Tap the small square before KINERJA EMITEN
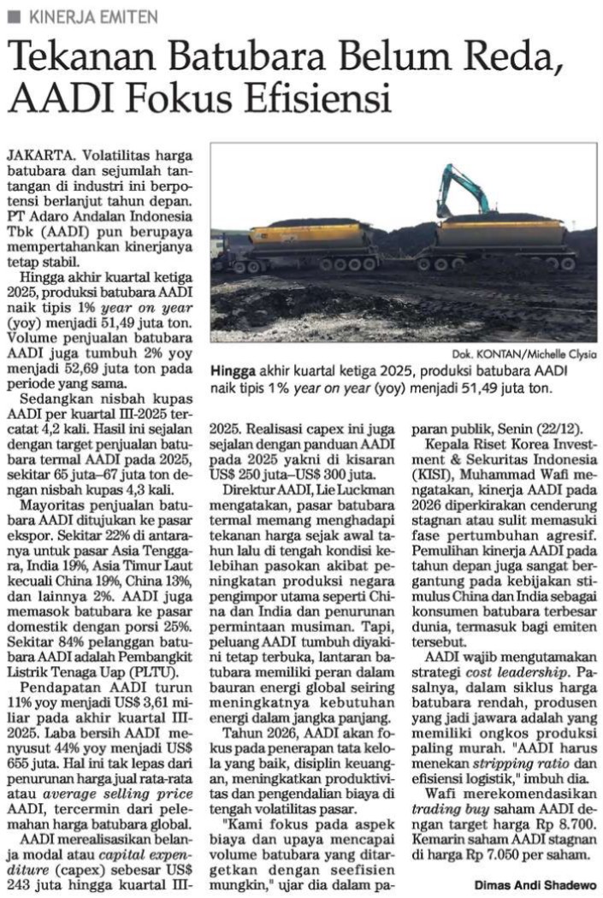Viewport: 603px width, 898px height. pyautogui.click(x=15, y=15)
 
